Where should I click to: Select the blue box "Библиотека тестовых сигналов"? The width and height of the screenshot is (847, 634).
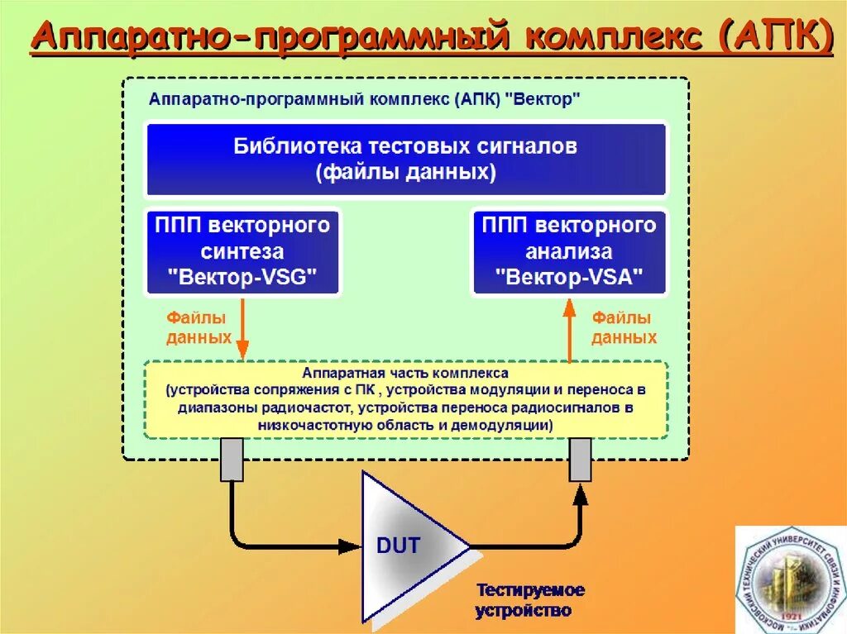pyautogui.click(x=406, y=160)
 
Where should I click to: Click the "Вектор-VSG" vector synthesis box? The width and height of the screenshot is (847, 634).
pyautogui.click(x=242, y=251)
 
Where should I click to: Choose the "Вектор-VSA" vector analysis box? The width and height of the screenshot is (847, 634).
pyautogui.click(x=568, y=251)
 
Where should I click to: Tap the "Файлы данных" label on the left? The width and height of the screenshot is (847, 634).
pyautogui.click(x=199, y=327)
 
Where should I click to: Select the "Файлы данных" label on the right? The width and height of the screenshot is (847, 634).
pyautogui.click(x=624, y=327)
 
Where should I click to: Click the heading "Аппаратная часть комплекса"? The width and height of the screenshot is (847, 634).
pyautogui.click(x=405, y=374)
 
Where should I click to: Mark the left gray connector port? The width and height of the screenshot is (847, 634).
pyautogui.click(x=232, y=460)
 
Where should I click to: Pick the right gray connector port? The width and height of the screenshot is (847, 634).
pyautogui.click(x=581, y=460)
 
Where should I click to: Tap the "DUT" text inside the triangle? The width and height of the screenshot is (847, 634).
pyautogui.click(x=399, y=546)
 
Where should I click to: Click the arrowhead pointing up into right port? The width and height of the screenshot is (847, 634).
pyautogui.click(x=581, y=494)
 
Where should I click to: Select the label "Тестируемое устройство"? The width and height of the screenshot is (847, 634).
pyautogui.click(x=529, y=601)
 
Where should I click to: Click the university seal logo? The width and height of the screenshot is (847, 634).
pyautogui.click(x=790, y=579)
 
